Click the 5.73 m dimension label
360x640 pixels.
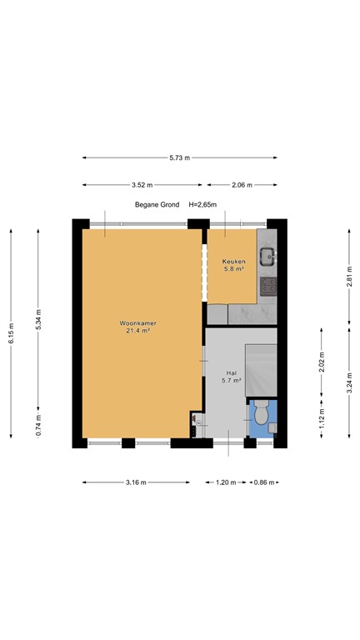(180, 158)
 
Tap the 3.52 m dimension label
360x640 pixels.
(142, 185)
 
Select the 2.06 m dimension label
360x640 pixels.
(242, 185)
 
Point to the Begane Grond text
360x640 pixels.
(157, 205)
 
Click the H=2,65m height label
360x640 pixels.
(202, 205)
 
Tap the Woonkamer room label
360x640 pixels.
(138, 323)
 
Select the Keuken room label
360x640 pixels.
(233, 261)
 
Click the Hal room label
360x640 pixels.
(231, 372)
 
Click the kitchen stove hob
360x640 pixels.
(268, 286)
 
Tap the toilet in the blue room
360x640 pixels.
(261, 412)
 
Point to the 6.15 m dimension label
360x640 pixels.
(11, 333)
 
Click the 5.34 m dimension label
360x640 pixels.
(38, 320)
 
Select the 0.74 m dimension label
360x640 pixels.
(38, 425)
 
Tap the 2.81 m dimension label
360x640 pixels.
(349, 277)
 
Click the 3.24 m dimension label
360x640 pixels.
(349, 382)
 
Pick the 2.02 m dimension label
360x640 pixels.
(322, 362)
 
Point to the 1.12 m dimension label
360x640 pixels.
(322, 418)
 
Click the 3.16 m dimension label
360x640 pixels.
(137, 482)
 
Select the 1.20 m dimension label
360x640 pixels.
(226, 482)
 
